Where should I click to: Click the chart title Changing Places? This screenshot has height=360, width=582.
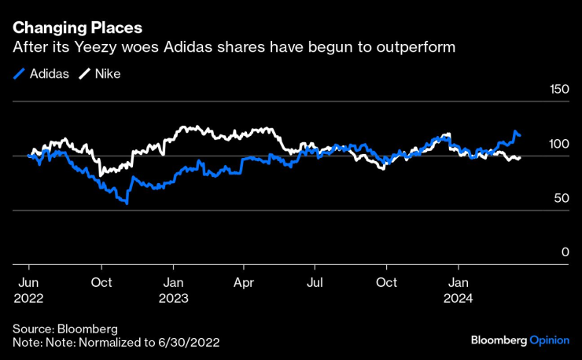[77, 28]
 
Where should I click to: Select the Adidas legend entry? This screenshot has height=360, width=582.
[42, 74]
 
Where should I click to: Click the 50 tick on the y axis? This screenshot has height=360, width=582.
[562, 199]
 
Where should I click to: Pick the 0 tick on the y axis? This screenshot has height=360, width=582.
[565, 252]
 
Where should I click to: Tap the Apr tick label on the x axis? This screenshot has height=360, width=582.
[245, 281]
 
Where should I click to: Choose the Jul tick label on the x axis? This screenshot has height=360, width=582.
[315, 281]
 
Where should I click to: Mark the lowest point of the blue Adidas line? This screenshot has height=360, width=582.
[127, 204]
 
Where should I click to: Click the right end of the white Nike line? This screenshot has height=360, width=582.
[520, 158]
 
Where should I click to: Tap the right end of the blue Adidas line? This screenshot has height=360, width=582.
[520, 136]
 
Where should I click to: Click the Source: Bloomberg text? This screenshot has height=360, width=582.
[64, 328]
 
